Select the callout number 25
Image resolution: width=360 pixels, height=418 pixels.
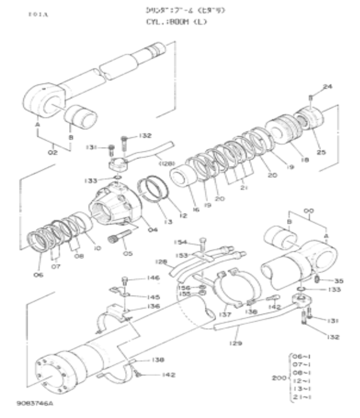[322, 152]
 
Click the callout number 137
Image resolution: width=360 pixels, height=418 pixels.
[222, 313]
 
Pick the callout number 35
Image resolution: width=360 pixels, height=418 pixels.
[339, 280]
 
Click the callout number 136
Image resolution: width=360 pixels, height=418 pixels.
[153, 306]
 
